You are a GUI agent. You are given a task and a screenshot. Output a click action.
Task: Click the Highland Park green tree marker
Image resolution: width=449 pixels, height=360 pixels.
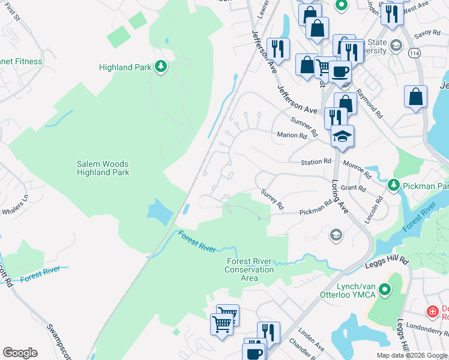(x=160, y=67)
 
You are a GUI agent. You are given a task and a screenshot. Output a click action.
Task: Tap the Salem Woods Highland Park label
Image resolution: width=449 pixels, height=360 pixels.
(x=103, y=168)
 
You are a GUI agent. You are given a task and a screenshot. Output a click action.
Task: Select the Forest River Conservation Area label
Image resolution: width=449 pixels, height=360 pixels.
(x=250, y=265)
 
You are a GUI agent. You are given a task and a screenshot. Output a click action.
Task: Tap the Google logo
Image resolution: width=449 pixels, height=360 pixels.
(x=20, y=352)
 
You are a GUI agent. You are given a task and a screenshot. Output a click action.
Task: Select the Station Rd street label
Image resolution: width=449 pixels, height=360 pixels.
(x=316, y=162)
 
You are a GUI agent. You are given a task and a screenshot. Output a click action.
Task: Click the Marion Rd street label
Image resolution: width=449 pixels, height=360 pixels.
(x=292, y=136)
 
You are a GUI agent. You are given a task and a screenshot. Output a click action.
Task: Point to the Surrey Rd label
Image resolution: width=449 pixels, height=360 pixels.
(x=272, y=199)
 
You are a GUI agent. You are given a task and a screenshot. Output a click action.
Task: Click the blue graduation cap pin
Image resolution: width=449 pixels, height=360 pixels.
(x=342, y=136)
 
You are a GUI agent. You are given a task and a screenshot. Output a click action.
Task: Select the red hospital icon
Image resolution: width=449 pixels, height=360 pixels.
(x=432, y=312)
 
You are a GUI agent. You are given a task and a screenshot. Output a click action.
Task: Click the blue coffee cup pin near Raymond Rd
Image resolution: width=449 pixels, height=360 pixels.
(x=340, y=71)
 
